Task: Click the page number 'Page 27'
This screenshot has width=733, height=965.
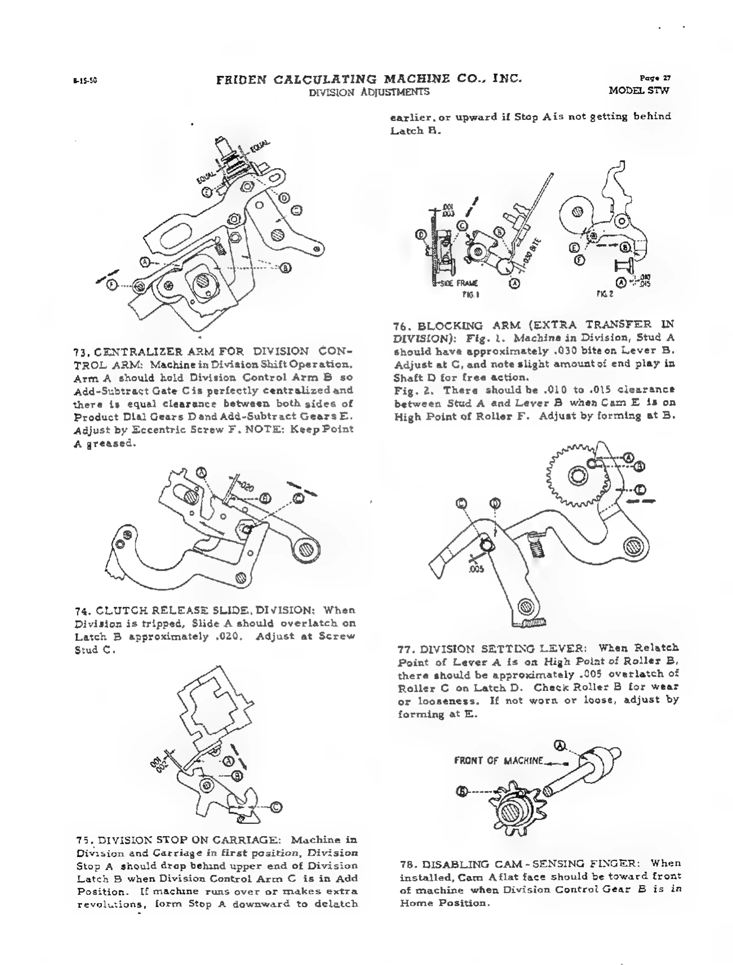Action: coord(655,78)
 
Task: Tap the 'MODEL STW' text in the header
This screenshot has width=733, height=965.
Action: coord(639,91)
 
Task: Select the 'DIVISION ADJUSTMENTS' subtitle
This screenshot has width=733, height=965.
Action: coord(369,92)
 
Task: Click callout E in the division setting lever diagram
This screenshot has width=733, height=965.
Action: coord(640,490)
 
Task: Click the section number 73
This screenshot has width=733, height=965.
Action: coord(82,352)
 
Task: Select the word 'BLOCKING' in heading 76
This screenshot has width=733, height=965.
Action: coord(450,326)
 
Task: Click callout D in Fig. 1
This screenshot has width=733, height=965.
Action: coord(421,235)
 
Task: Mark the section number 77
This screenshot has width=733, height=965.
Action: coord(405,649)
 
